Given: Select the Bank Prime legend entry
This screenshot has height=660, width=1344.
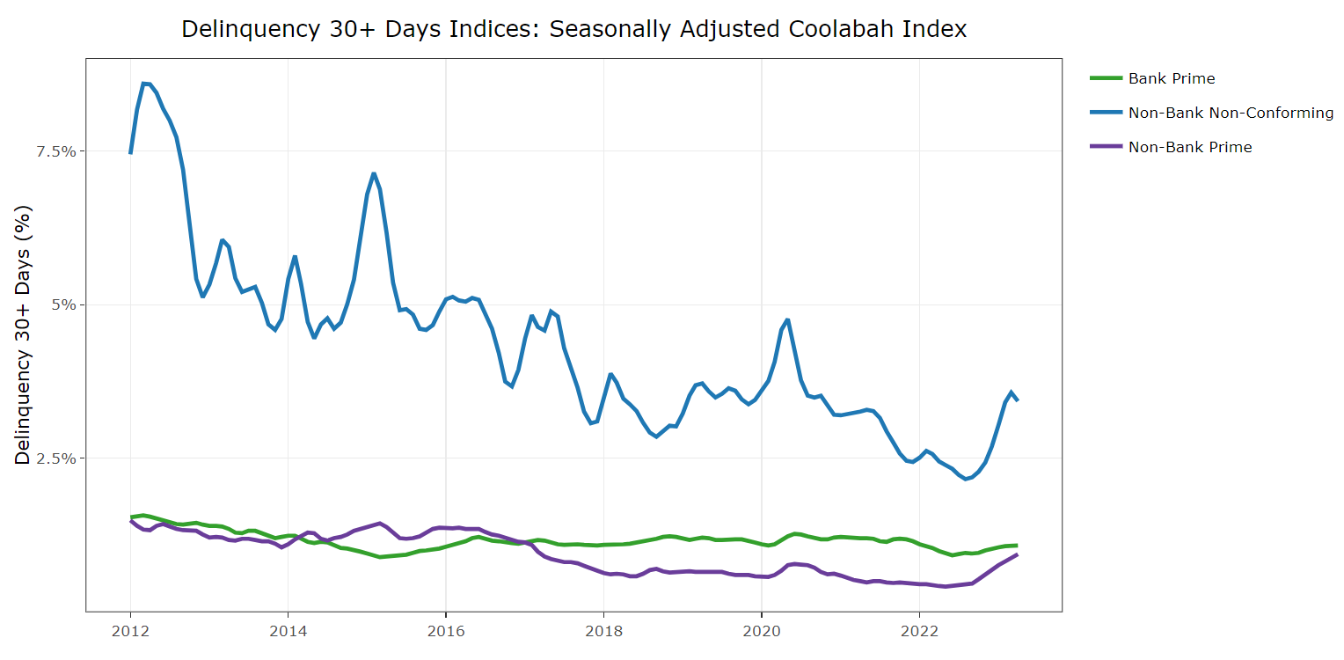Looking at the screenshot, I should (1171, 78).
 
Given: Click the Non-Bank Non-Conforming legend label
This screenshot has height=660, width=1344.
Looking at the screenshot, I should (1231, 113).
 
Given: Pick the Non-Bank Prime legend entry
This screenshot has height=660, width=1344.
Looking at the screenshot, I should (1189, 147).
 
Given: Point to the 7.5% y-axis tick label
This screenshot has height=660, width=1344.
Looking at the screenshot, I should (56, 151).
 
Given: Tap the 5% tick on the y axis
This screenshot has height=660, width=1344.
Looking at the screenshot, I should (63, 304).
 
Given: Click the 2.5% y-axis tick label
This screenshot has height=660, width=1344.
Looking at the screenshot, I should (56, 458).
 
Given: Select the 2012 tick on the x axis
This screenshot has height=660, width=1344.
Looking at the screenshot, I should (130, 631).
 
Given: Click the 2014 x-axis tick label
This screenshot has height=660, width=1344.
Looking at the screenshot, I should (288, 631).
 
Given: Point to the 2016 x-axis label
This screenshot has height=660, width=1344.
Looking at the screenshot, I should (445, 631).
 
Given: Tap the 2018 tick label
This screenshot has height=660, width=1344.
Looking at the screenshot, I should (603, 631).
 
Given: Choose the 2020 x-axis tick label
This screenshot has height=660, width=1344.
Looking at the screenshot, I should (761, 631).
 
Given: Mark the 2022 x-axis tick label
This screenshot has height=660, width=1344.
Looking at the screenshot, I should (919, 631).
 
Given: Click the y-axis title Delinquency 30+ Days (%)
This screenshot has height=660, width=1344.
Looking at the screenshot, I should (24, 334).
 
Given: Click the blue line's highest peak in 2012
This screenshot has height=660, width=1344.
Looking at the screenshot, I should (144, 84).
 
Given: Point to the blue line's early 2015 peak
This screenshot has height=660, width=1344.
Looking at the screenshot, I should (374, 173).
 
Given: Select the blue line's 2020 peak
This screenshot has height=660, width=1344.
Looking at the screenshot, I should (787, 319).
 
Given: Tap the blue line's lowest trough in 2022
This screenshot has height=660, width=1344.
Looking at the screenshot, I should (965, 479).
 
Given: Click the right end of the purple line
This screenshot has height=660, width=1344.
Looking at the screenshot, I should (1017, 554).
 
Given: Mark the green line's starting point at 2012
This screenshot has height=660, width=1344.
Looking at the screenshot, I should (131, 517).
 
